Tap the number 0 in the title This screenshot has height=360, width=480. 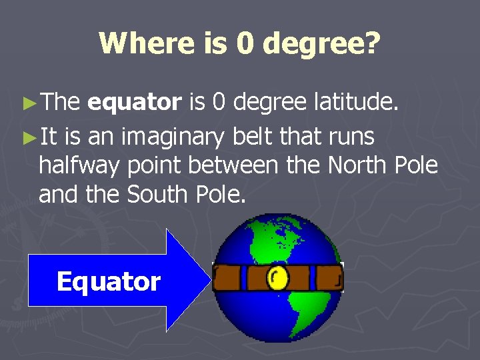coord(245,44)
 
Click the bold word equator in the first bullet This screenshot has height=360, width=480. coord(134,102)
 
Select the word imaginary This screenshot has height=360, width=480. coord(172,138)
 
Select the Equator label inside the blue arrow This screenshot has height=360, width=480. coord(109,281)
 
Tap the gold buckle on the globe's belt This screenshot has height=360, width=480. coord(277,277)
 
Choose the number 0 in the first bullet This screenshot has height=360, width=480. coord(219,102)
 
